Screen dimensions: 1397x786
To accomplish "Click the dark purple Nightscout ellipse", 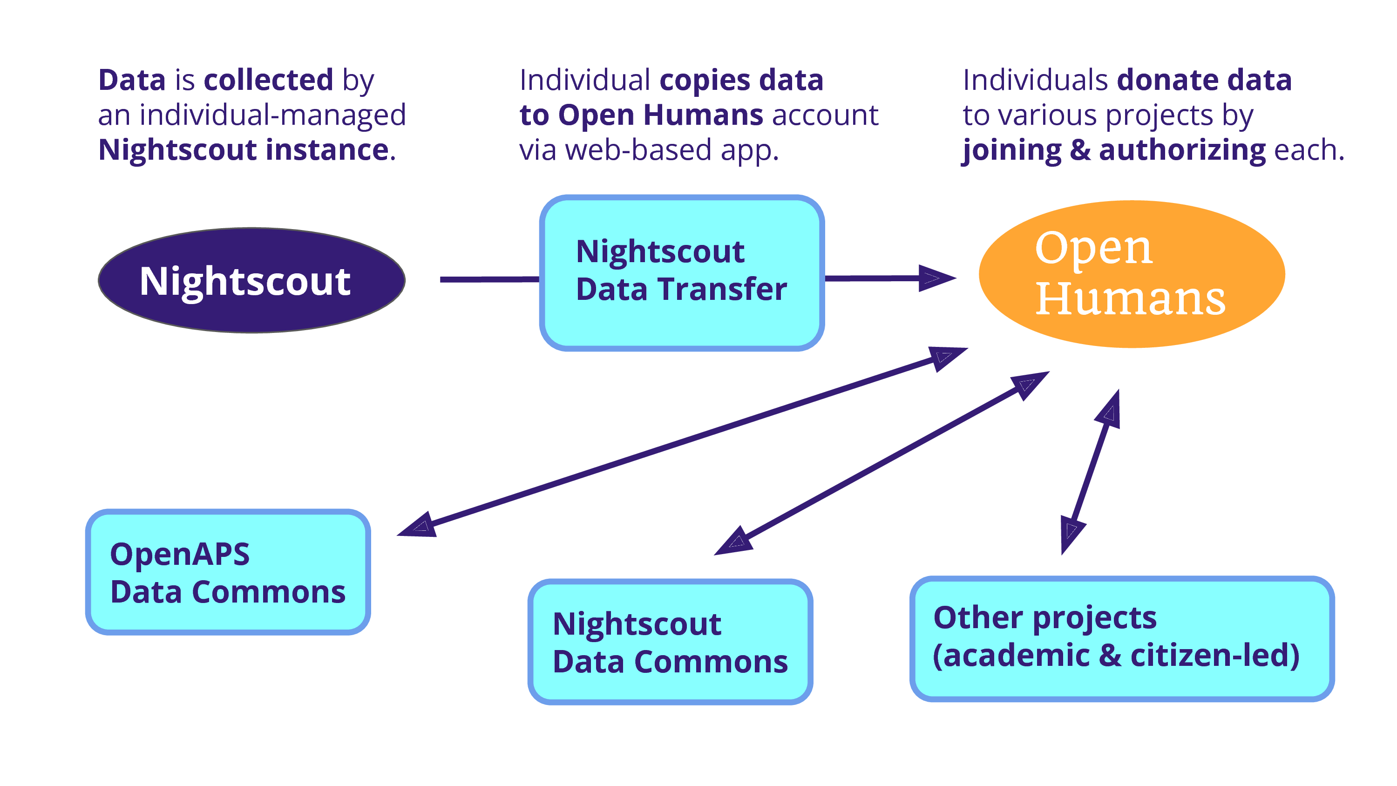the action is [251, 280].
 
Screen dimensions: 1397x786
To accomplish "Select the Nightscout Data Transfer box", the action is [682, 273].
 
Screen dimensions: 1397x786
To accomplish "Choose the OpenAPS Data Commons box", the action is [228, 572].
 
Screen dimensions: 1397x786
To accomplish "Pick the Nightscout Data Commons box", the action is [670, 642].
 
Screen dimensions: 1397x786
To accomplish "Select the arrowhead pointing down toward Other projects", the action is [1071, 536].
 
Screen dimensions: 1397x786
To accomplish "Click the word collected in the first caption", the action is [268, 80].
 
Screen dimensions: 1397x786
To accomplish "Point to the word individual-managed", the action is [272, 115].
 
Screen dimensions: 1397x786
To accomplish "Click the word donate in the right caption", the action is [1167, 80].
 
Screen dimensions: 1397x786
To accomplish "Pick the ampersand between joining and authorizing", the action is [1080, 150].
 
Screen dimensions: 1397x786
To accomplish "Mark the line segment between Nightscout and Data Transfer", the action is [490, 279].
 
